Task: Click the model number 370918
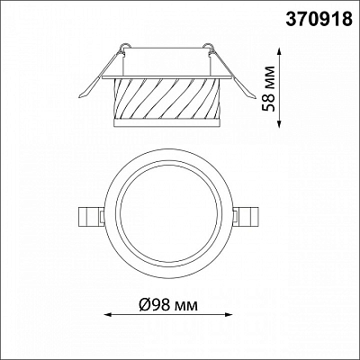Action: [319, 18]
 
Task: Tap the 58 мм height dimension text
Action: [269, 88]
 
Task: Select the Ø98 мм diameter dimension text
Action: [168, 305]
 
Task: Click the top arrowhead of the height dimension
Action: [280, 51]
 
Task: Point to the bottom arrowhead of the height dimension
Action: [280, 124]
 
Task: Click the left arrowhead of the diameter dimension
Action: [107, 314]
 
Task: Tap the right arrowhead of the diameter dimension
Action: [229, 314]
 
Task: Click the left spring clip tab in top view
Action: [91, 216]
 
